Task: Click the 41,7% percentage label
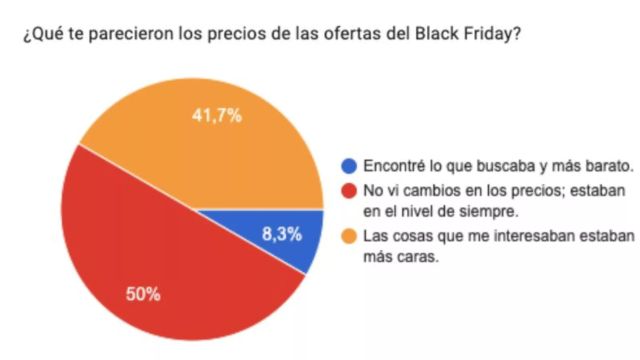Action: [x=217, y=116]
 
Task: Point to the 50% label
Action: [x=143, y=294]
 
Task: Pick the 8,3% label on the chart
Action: [x=282, y=234]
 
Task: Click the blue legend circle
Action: [x=349, y=166]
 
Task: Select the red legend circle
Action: [x=349, y=191]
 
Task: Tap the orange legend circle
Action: [x=349, y=236]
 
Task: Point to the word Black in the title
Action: [x=436, y=33]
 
